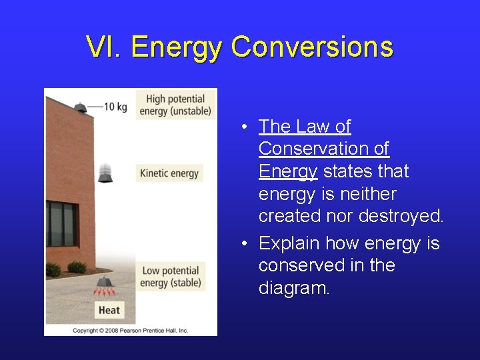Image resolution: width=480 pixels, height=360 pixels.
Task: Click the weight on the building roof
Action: (x=80, y=106)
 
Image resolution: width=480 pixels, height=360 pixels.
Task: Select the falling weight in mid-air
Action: (x=105, y=173)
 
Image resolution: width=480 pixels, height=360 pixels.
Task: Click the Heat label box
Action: (x=109, y=310)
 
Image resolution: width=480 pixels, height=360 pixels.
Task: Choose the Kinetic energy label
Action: (x=169, y=173)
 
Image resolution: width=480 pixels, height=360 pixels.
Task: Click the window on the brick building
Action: (x=62, y=224)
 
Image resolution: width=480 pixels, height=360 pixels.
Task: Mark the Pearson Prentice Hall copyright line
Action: (x=131, y=330)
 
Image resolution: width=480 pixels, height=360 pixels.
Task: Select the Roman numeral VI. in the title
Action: (x=104, y=47)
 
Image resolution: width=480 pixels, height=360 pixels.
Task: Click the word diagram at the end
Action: (x=293, y=289)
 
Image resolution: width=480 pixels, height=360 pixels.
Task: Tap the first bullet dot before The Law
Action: (x=246, y=127)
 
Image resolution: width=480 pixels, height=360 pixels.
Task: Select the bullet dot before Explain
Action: (x=246, y=244)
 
